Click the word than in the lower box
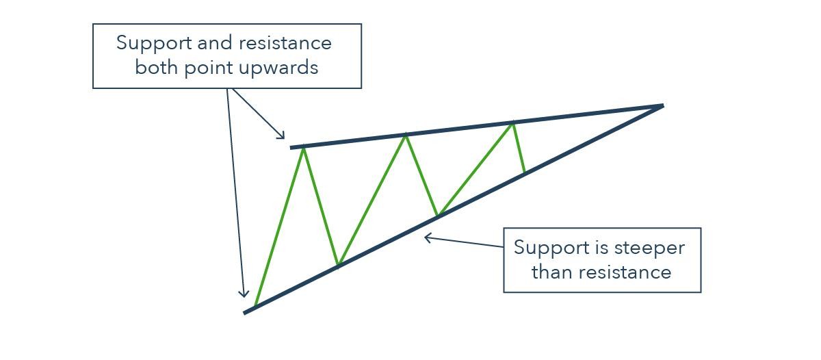click(x=551, y=272)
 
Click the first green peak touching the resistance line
click(x=303, y=147)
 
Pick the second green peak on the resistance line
click(x=406, y=135)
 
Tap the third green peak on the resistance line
click(x=512, y=123)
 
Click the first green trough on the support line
click(x=337, y=266)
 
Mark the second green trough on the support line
click(x=438, y=216)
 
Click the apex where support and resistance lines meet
click(x=662, y=105)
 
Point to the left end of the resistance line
click(x=291, y=147)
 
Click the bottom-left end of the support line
click(x=246, y=313)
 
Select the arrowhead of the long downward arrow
click(x=243, y=295)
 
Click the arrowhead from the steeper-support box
click(x=426, y=237)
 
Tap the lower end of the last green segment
click(x=525, y=172)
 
